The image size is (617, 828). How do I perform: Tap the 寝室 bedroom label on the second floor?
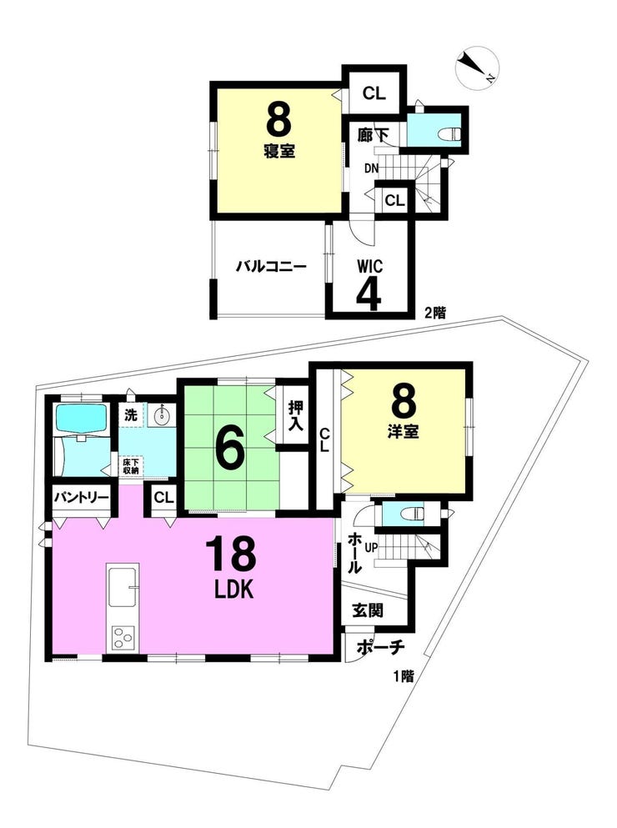coord(279,152)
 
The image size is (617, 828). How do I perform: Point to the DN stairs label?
coord(371,169)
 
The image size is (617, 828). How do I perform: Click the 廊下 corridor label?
coord(373,136)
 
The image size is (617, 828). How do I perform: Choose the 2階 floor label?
coord(436,314)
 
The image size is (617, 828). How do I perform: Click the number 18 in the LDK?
coord(232,554)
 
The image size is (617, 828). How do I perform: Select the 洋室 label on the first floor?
coord(403,432)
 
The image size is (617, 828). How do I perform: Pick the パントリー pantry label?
coord(81,498)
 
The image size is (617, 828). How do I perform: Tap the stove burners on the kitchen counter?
coord(123,638)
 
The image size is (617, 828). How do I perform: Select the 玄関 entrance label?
coord(369,611)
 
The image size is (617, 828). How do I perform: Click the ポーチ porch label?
coord(380,647)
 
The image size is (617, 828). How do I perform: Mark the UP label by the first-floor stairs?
coord(370,548)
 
